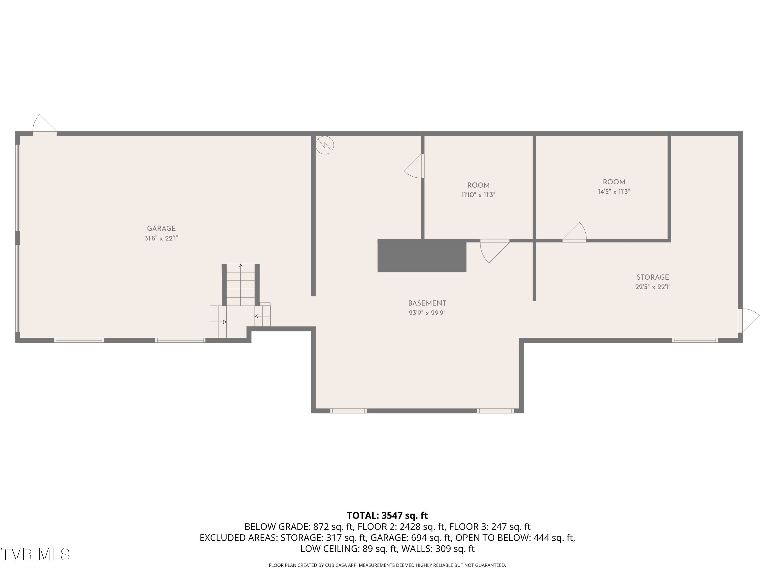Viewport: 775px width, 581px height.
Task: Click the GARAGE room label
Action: point(161,228)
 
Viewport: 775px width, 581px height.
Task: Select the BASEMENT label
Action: point(427,303)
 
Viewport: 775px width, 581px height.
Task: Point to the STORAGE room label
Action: point(652,277)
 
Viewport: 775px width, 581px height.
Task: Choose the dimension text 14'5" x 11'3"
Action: point(614,192)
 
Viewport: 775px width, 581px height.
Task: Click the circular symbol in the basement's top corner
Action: point(324,145)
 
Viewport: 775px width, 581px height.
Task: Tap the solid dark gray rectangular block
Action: point(422,256)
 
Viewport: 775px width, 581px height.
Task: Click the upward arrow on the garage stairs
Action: point(241,266)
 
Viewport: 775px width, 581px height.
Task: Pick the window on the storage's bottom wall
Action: point(694,340)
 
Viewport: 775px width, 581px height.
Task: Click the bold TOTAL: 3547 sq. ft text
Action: point(387,515)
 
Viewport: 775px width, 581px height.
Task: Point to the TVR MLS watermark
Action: point(35,554)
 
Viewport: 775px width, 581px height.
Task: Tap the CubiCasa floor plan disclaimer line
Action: point(387,565)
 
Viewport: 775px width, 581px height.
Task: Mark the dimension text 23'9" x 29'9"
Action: point(427,313)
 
